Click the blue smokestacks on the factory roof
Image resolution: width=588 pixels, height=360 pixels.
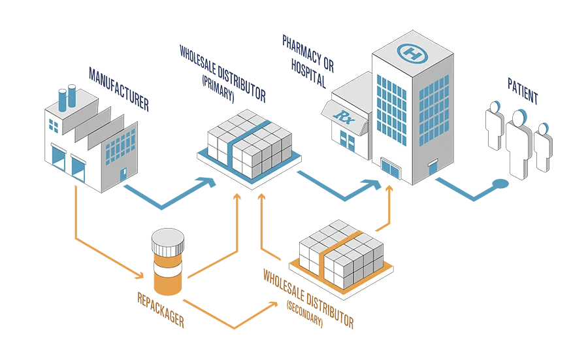[67, 99]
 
